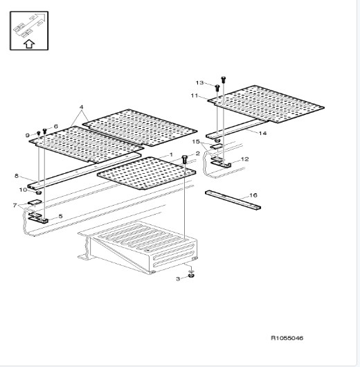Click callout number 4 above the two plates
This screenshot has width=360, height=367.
81,107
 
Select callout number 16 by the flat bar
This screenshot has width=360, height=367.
253,195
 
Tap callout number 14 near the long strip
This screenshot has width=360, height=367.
262,133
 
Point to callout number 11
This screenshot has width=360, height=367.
195,96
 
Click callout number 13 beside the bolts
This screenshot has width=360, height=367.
199,82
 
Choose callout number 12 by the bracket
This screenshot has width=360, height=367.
244,159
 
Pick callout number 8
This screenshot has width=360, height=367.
17,176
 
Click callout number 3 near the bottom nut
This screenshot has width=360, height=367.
178,279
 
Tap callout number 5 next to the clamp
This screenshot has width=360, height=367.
61,216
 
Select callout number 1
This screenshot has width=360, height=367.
171,154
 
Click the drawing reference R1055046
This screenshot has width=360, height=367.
287,338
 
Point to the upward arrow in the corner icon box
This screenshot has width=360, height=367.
29,44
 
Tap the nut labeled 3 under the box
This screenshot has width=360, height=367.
191,276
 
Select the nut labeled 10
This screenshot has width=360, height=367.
38,193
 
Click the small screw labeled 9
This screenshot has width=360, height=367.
39,134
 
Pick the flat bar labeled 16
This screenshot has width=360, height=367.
233,200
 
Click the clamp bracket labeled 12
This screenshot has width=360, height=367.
221,163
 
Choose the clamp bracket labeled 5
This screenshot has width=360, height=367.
38,218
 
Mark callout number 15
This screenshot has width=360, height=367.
196,142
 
